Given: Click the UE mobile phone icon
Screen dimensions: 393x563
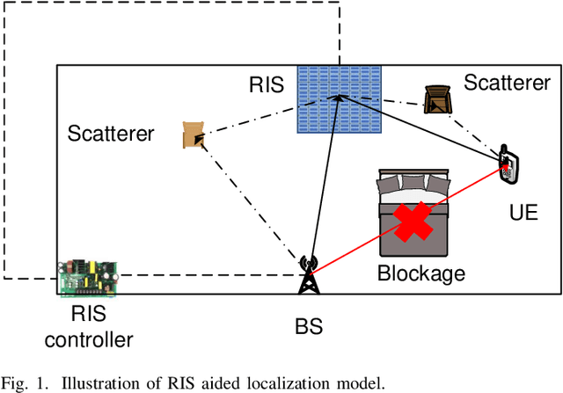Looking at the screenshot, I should (508, 166).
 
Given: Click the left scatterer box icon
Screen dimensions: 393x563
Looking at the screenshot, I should (194, 135).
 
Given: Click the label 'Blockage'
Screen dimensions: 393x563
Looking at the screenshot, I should (420, 273).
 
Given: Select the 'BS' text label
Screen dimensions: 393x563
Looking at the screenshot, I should (309, 327).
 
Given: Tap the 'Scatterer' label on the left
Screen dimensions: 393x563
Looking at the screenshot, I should (111, 135).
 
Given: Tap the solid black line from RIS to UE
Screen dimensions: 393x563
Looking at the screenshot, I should (422, 127).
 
